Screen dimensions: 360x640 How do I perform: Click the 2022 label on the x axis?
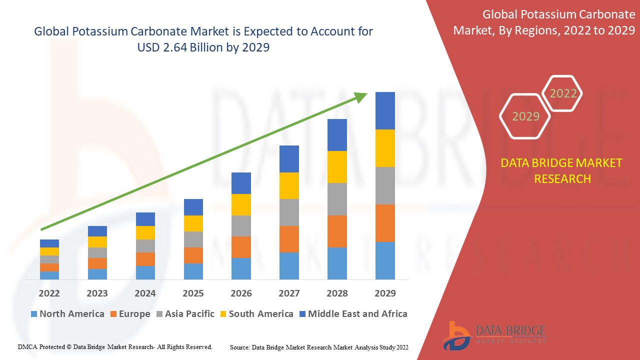(49, 293)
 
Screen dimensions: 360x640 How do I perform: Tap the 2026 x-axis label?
(241, 293)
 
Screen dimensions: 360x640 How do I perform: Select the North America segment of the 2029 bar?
(385, 260)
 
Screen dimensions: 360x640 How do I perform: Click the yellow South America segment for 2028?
(337, 167)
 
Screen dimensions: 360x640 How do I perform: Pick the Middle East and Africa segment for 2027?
(289, 159)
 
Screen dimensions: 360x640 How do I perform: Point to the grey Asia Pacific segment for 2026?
(241, 226)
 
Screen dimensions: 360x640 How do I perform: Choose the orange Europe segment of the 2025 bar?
(193, 255)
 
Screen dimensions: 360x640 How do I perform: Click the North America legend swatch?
(34, 314)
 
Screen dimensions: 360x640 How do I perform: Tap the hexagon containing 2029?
(525, 116)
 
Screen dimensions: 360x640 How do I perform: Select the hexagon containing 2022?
(562, 93)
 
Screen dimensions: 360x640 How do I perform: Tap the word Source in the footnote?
(240, 347)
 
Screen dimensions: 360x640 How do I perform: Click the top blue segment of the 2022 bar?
(49, 243)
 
